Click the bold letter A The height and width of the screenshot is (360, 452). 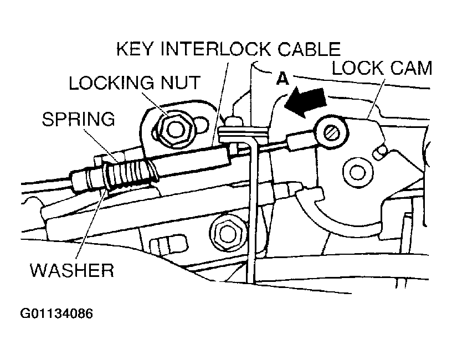coord(282,79)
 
